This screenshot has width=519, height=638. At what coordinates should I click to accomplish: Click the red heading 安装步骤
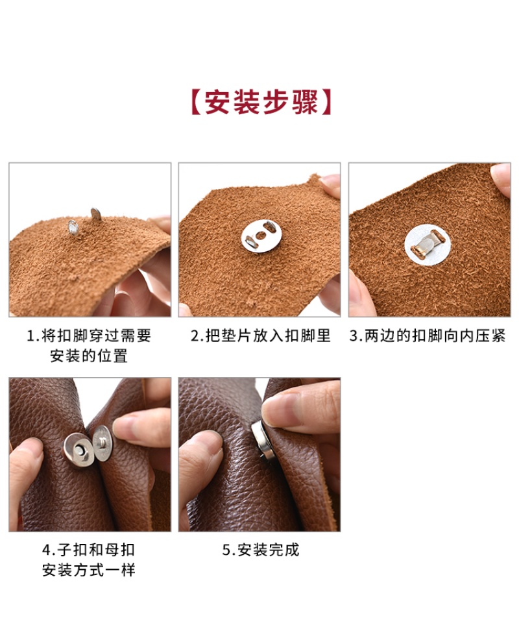click(x=260, y=102)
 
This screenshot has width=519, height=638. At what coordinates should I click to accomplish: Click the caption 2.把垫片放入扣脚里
click(x=261, y=336)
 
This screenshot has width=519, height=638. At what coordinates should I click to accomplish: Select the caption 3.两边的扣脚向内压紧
click(x=428, y=336)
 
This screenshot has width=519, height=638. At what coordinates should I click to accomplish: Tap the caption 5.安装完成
click(x=261, y=550)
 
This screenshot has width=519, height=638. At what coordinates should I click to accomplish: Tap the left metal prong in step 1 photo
click(x=73, y=227)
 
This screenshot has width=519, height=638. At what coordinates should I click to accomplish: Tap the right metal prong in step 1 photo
click(x=96, y=214)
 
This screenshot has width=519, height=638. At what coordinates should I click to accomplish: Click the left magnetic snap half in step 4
click(x=78, y=451)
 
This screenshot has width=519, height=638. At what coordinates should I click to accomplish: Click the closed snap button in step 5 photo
click(x=261, y=440)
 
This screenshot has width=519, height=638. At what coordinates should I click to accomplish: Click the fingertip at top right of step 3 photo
click(x=501, y=179)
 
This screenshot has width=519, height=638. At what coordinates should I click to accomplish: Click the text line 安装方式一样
click(x=89, y=570)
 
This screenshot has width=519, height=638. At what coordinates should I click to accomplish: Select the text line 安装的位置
click(x=89, y=356)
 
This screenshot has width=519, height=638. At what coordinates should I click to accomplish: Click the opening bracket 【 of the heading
click(x=197, y=102)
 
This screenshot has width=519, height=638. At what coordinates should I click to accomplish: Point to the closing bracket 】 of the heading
click(x=325, y=102)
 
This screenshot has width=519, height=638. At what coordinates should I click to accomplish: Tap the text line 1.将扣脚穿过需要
click(x=89, y=336)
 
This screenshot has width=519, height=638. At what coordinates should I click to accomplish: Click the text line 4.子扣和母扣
click(x=89, y=550)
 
